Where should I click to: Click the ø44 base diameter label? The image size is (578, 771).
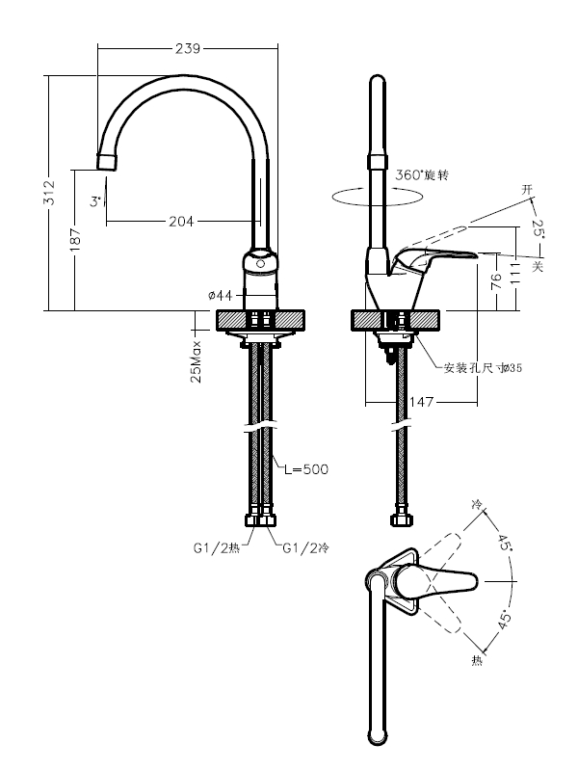[221, 294]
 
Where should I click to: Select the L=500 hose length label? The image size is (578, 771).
[306, 469]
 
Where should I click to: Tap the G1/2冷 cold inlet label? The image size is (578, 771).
[305, 548]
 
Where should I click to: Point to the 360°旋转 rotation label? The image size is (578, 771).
[423, 175]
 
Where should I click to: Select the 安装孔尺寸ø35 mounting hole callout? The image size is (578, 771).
[483, 367]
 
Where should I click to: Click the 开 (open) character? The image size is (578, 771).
[526, 188]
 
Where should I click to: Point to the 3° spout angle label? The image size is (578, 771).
[94, 202]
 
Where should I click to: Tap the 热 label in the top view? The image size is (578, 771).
[476, 660]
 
